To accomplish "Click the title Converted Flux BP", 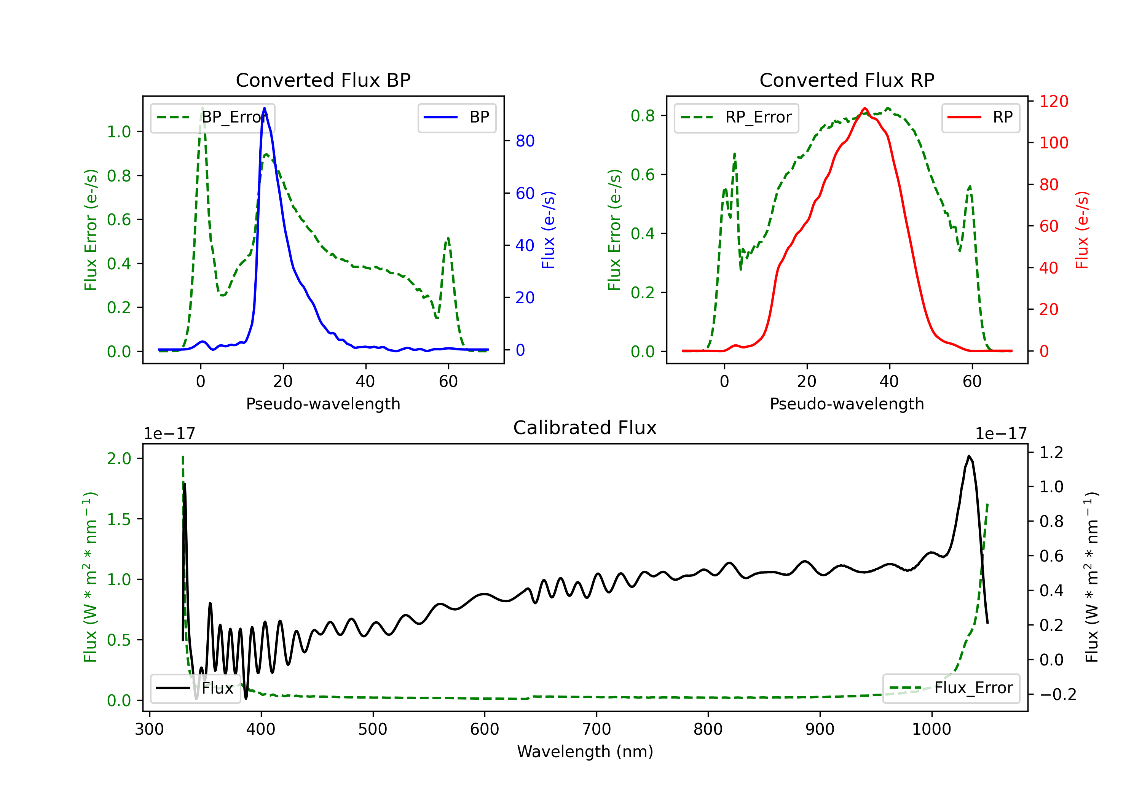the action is [x=323, y=80].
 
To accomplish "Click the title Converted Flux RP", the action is [x=847, y=80].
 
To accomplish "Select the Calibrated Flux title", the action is [x=585, y=428].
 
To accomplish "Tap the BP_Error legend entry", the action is [x=212, y=117].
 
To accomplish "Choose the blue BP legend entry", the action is [x=456, y=117].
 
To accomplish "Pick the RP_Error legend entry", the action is [x=736, y=117].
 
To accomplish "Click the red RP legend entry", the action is [x=980, y=117].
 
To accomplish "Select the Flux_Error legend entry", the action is [x=951, y=688].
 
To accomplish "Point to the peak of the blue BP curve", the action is [x=264, y=108].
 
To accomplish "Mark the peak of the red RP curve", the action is [x=865, y=108].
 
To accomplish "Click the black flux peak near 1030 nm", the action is [x=969, y=456].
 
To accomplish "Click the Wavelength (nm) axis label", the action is [x=585, y=751].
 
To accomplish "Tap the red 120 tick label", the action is [x=1054, y=102].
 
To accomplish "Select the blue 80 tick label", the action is [x=525, y=141].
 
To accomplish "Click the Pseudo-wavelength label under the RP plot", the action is [x=847, y=404].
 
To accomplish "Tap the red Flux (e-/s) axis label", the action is [x=1082, y=230].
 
